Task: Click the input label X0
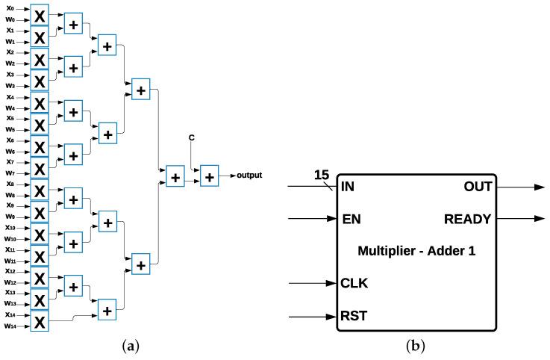click(x=9, y=8)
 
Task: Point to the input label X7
click(x=9, y=161)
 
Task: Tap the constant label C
click(x=192, y=137)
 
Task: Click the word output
click(x=249, y=176)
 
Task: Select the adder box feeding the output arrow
click(x=209, y=177)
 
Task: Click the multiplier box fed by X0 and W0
click(x=40, y=14)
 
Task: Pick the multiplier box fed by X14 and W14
click(x=40, y=321)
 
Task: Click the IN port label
click(x=347, y=187)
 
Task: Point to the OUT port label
click(x=478, y=187)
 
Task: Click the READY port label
click(x=468, y=219)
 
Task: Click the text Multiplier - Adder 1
click(x=416, y=252)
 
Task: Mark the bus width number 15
click(x=322, y=176)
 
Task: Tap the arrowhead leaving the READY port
click(x=538, y=220)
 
